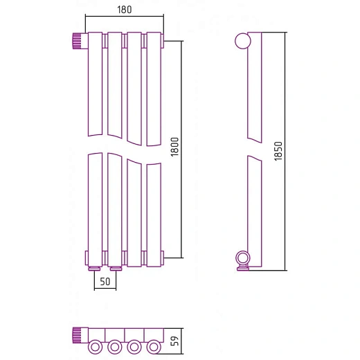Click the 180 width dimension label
click(125, 10)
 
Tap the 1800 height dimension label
click(174, 147)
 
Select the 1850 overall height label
click(278, 151)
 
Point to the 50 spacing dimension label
click(105, 281)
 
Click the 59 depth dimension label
click(174, 341)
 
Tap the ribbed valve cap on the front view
click(77, 41)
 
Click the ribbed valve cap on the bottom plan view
click(77, 335)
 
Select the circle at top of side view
click(243, 41)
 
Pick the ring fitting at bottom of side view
click(243, 258)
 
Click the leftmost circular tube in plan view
click(96, 347)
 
